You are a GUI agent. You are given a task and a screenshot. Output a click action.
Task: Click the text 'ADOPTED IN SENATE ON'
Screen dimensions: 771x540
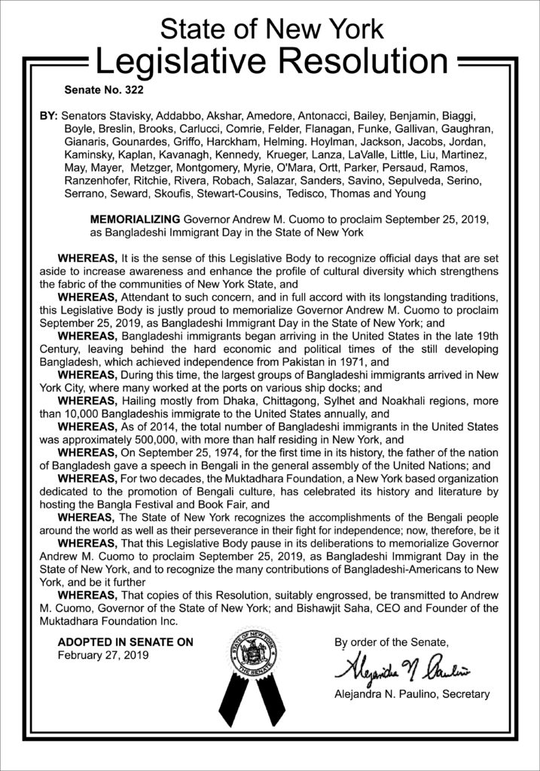click(x=126, y=642)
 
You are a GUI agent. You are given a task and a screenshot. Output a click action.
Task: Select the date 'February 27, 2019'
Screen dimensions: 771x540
click(x=103, y=654)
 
